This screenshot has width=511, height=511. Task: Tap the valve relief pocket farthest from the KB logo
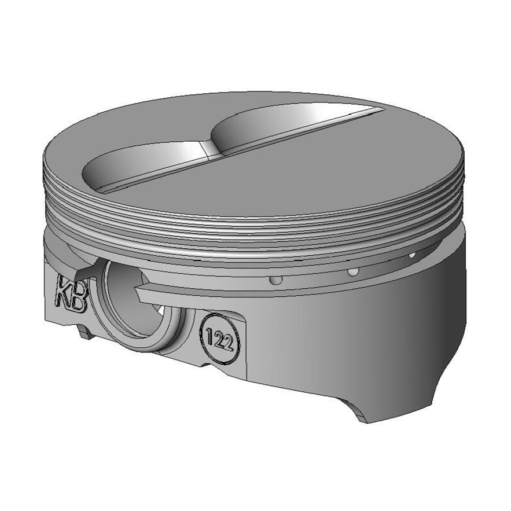click(272, 124)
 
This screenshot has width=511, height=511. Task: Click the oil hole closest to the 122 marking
click(277, 280)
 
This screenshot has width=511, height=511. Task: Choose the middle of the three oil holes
click(351, 271)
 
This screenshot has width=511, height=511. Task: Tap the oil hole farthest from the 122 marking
click(412, 255)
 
